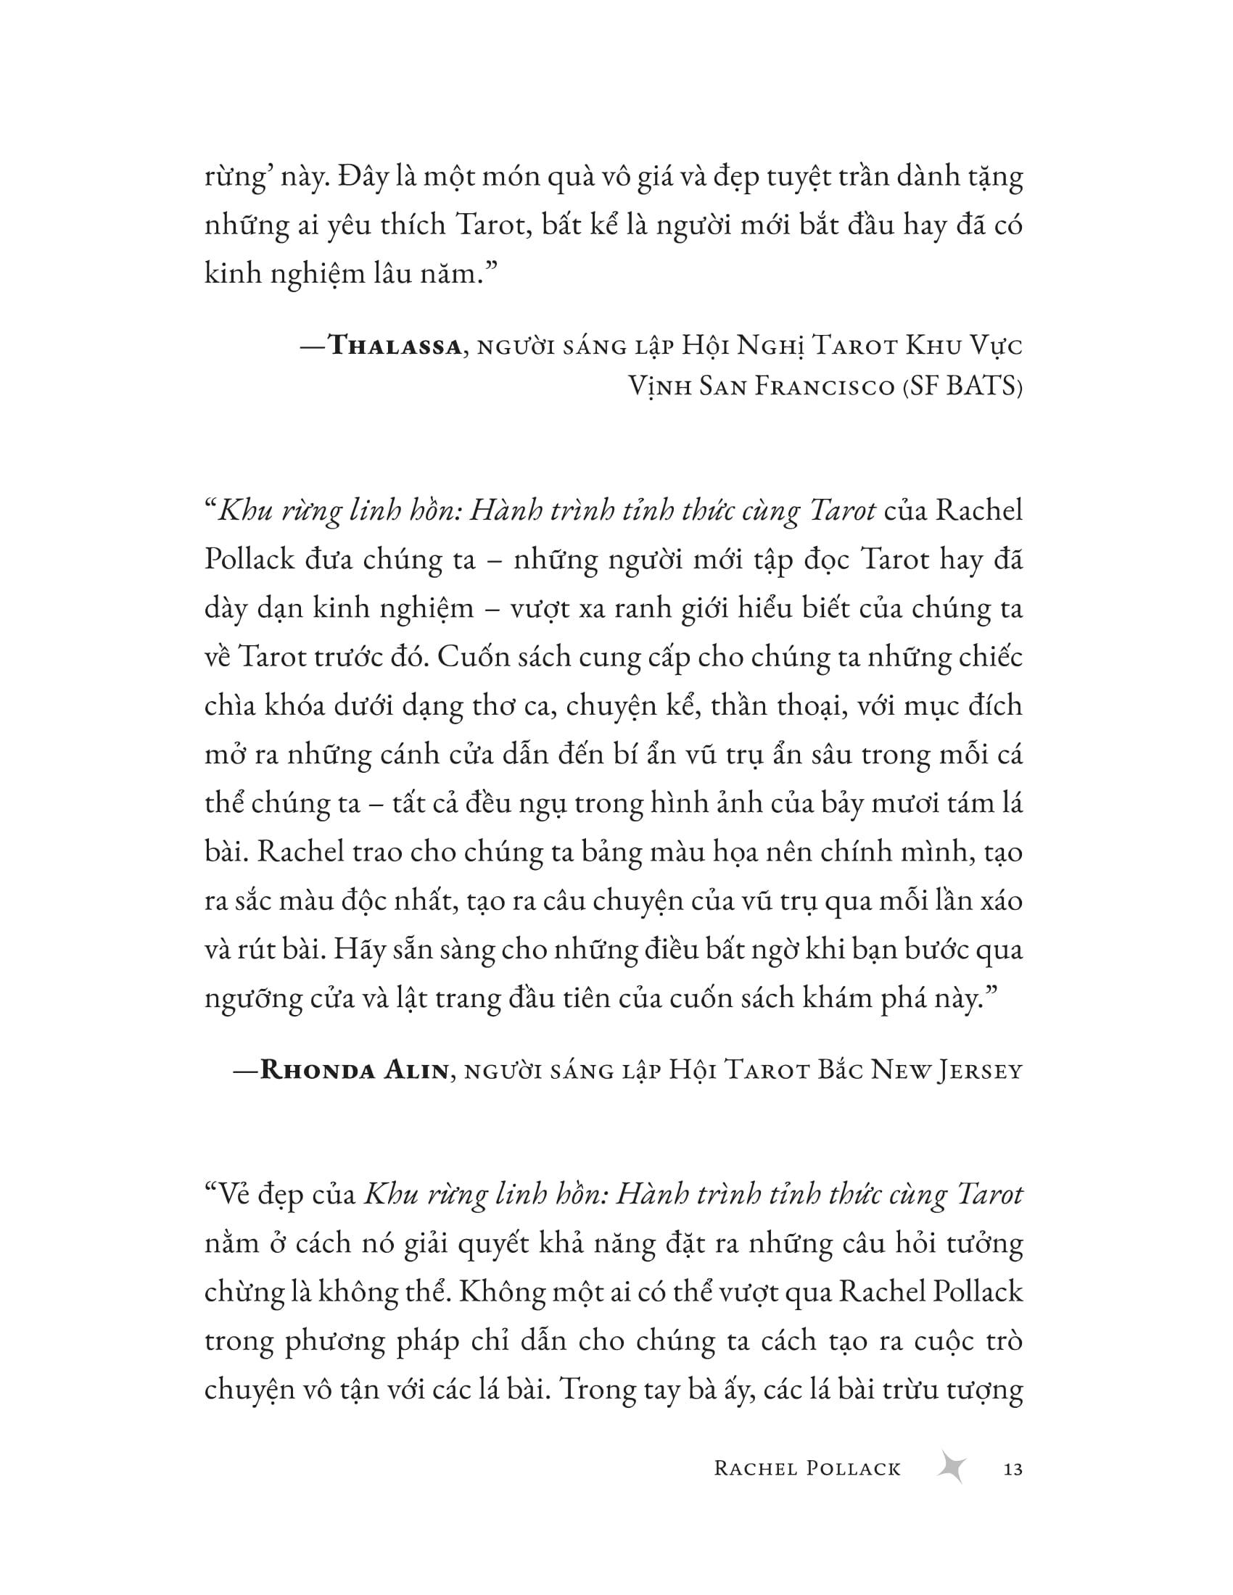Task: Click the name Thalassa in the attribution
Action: [396, 345]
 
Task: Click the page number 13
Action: [1013, 1468]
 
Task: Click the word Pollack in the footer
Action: [854, 1468]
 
